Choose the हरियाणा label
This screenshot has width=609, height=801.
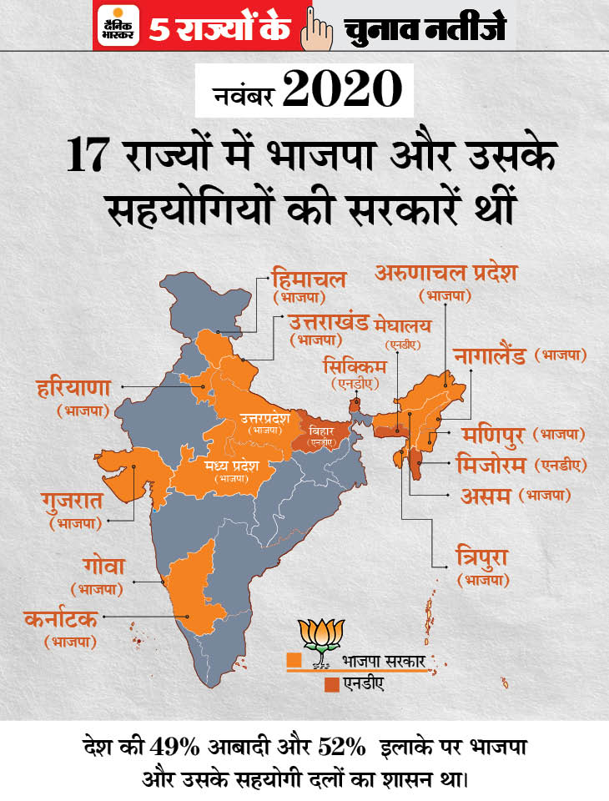(x=74, y=388)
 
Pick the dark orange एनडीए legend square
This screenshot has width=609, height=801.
(x=332, y=684)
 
